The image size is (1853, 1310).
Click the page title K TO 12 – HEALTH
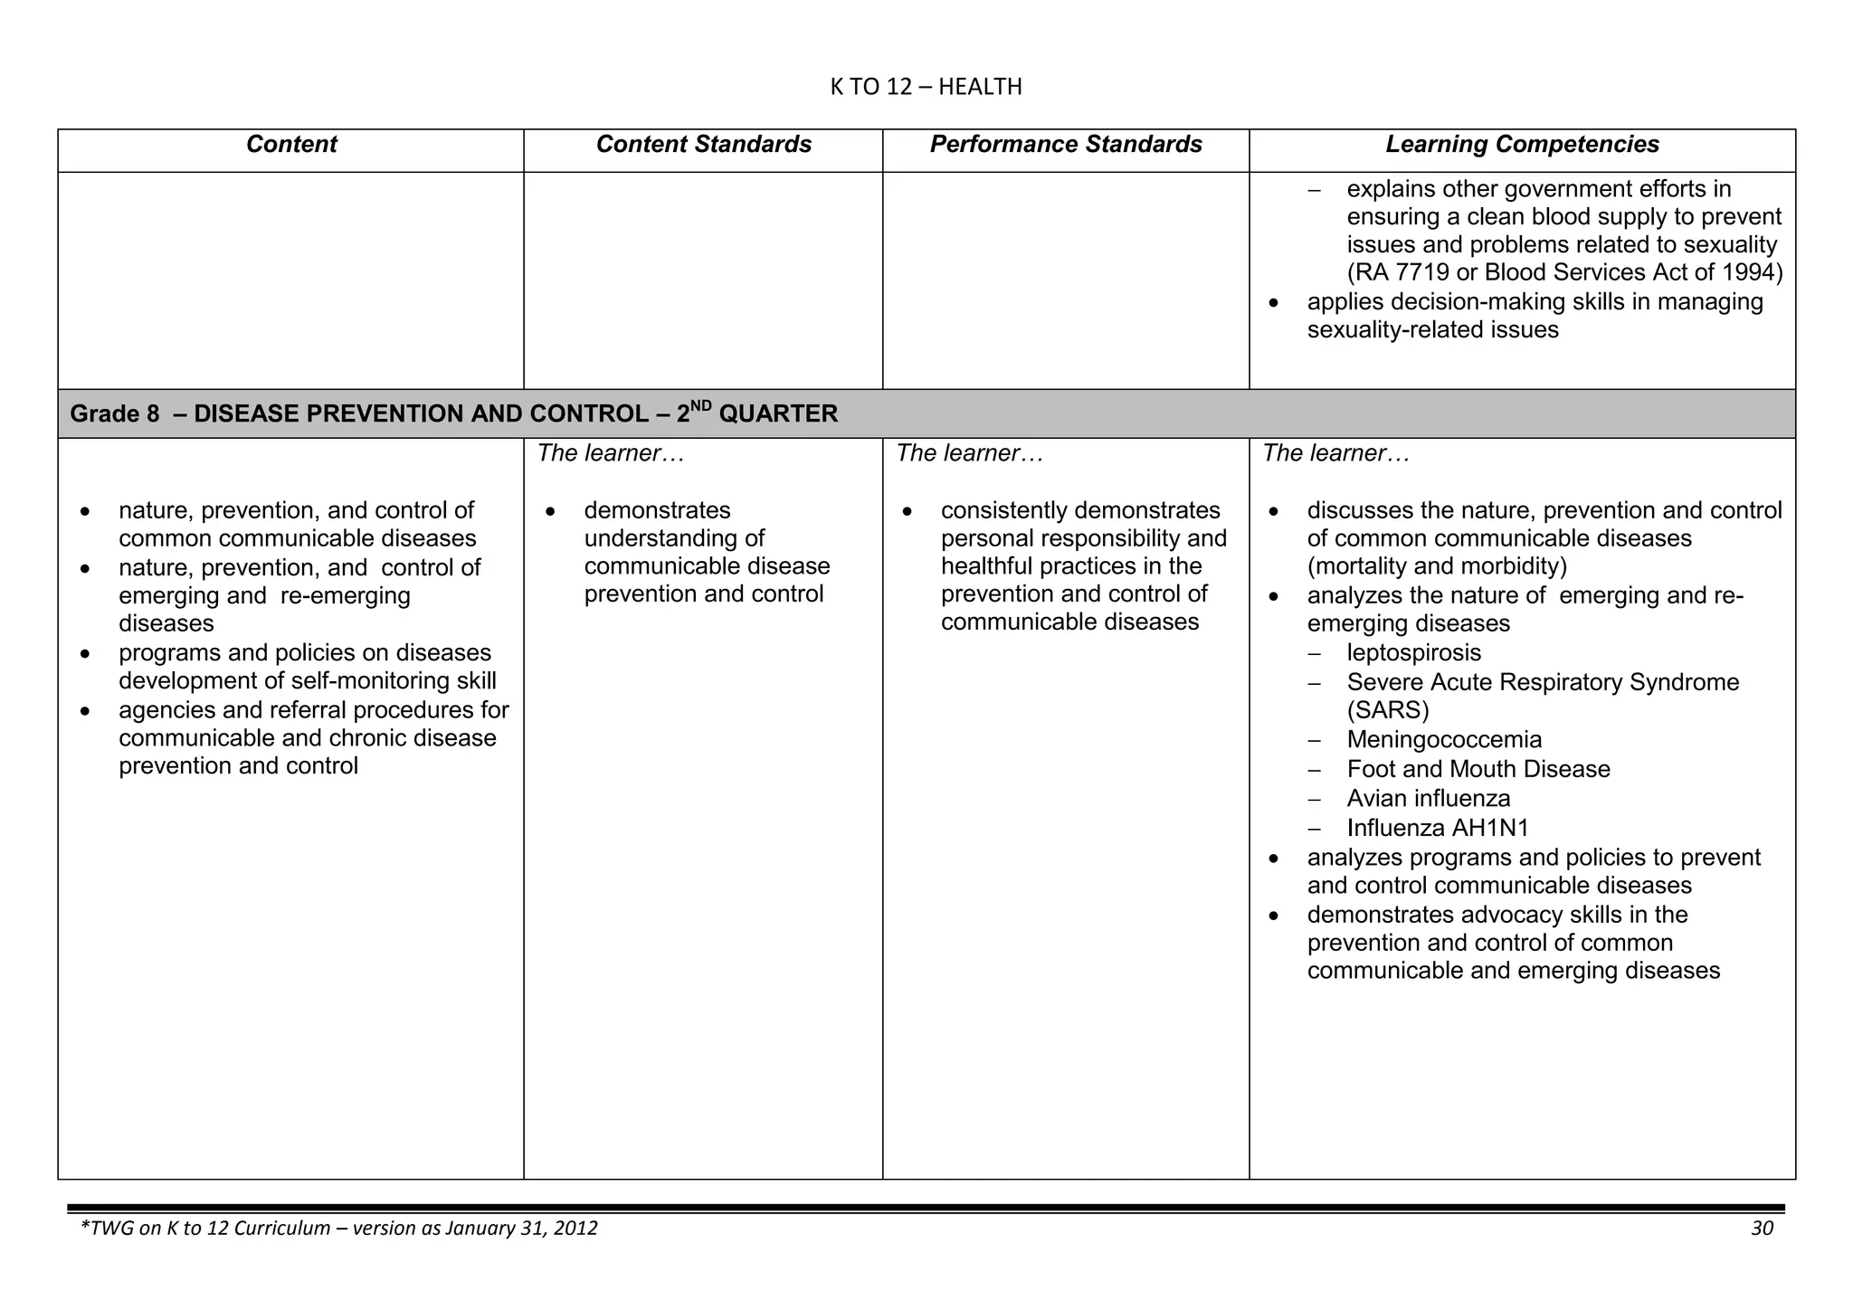coord(926,87)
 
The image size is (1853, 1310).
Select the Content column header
coord(290,145)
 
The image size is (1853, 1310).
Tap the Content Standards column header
coord(703,145)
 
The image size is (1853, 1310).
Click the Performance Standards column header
coord(1066,145)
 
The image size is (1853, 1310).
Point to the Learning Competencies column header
coord(1522,145)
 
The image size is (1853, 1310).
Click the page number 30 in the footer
coord(1762,1229)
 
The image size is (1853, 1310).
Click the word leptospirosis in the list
coord(1413,653)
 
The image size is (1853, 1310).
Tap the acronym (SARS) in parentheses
coord(1387,710)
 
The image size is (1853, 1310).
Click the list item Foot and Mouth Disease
coord(1478,770)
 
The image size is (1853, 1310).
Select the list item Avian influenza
coord(1428,799)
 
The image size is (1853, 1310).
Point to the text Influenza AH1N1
coord(1437,829)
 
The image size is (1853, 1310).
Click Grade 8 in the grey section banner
coord(115,414)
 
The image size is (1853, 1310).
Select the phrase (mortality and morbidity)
coord(1437,567)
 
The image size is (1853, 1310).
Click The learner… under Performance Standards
coord(970,454)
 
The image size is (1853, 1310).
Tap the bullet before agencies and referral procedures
coord(85,712)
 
